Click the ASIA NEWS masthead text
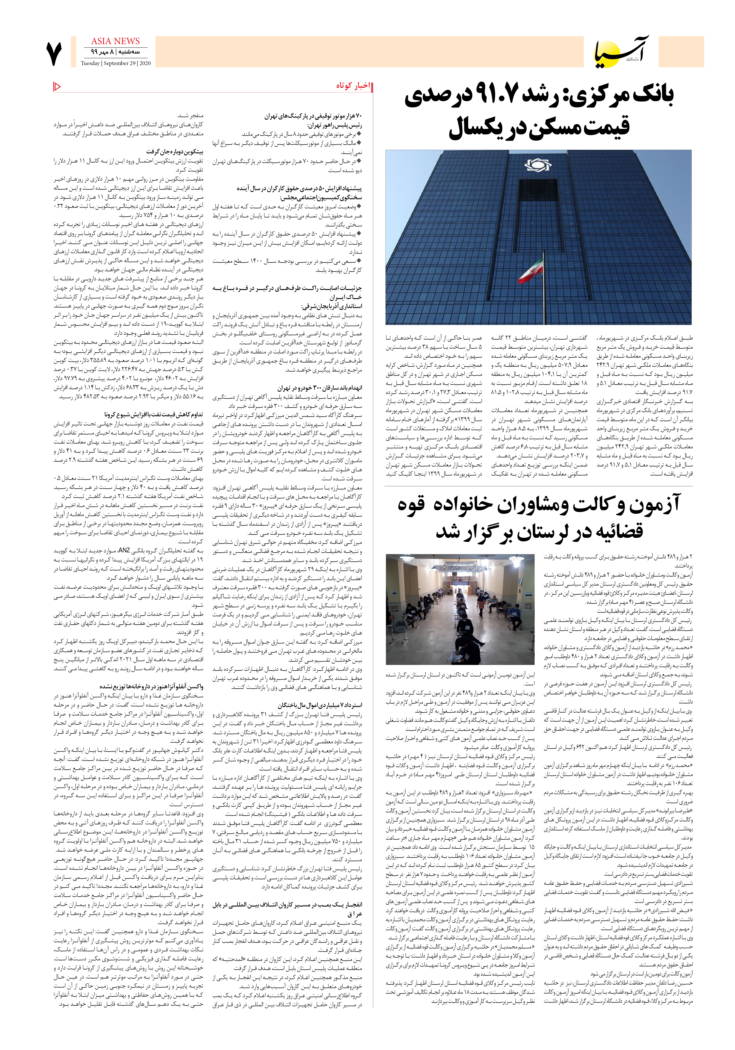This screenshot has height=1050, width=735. (115, 41)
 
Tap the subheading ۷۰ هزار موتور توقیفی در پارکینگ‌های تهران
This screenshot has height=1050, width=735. (313, 116)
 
